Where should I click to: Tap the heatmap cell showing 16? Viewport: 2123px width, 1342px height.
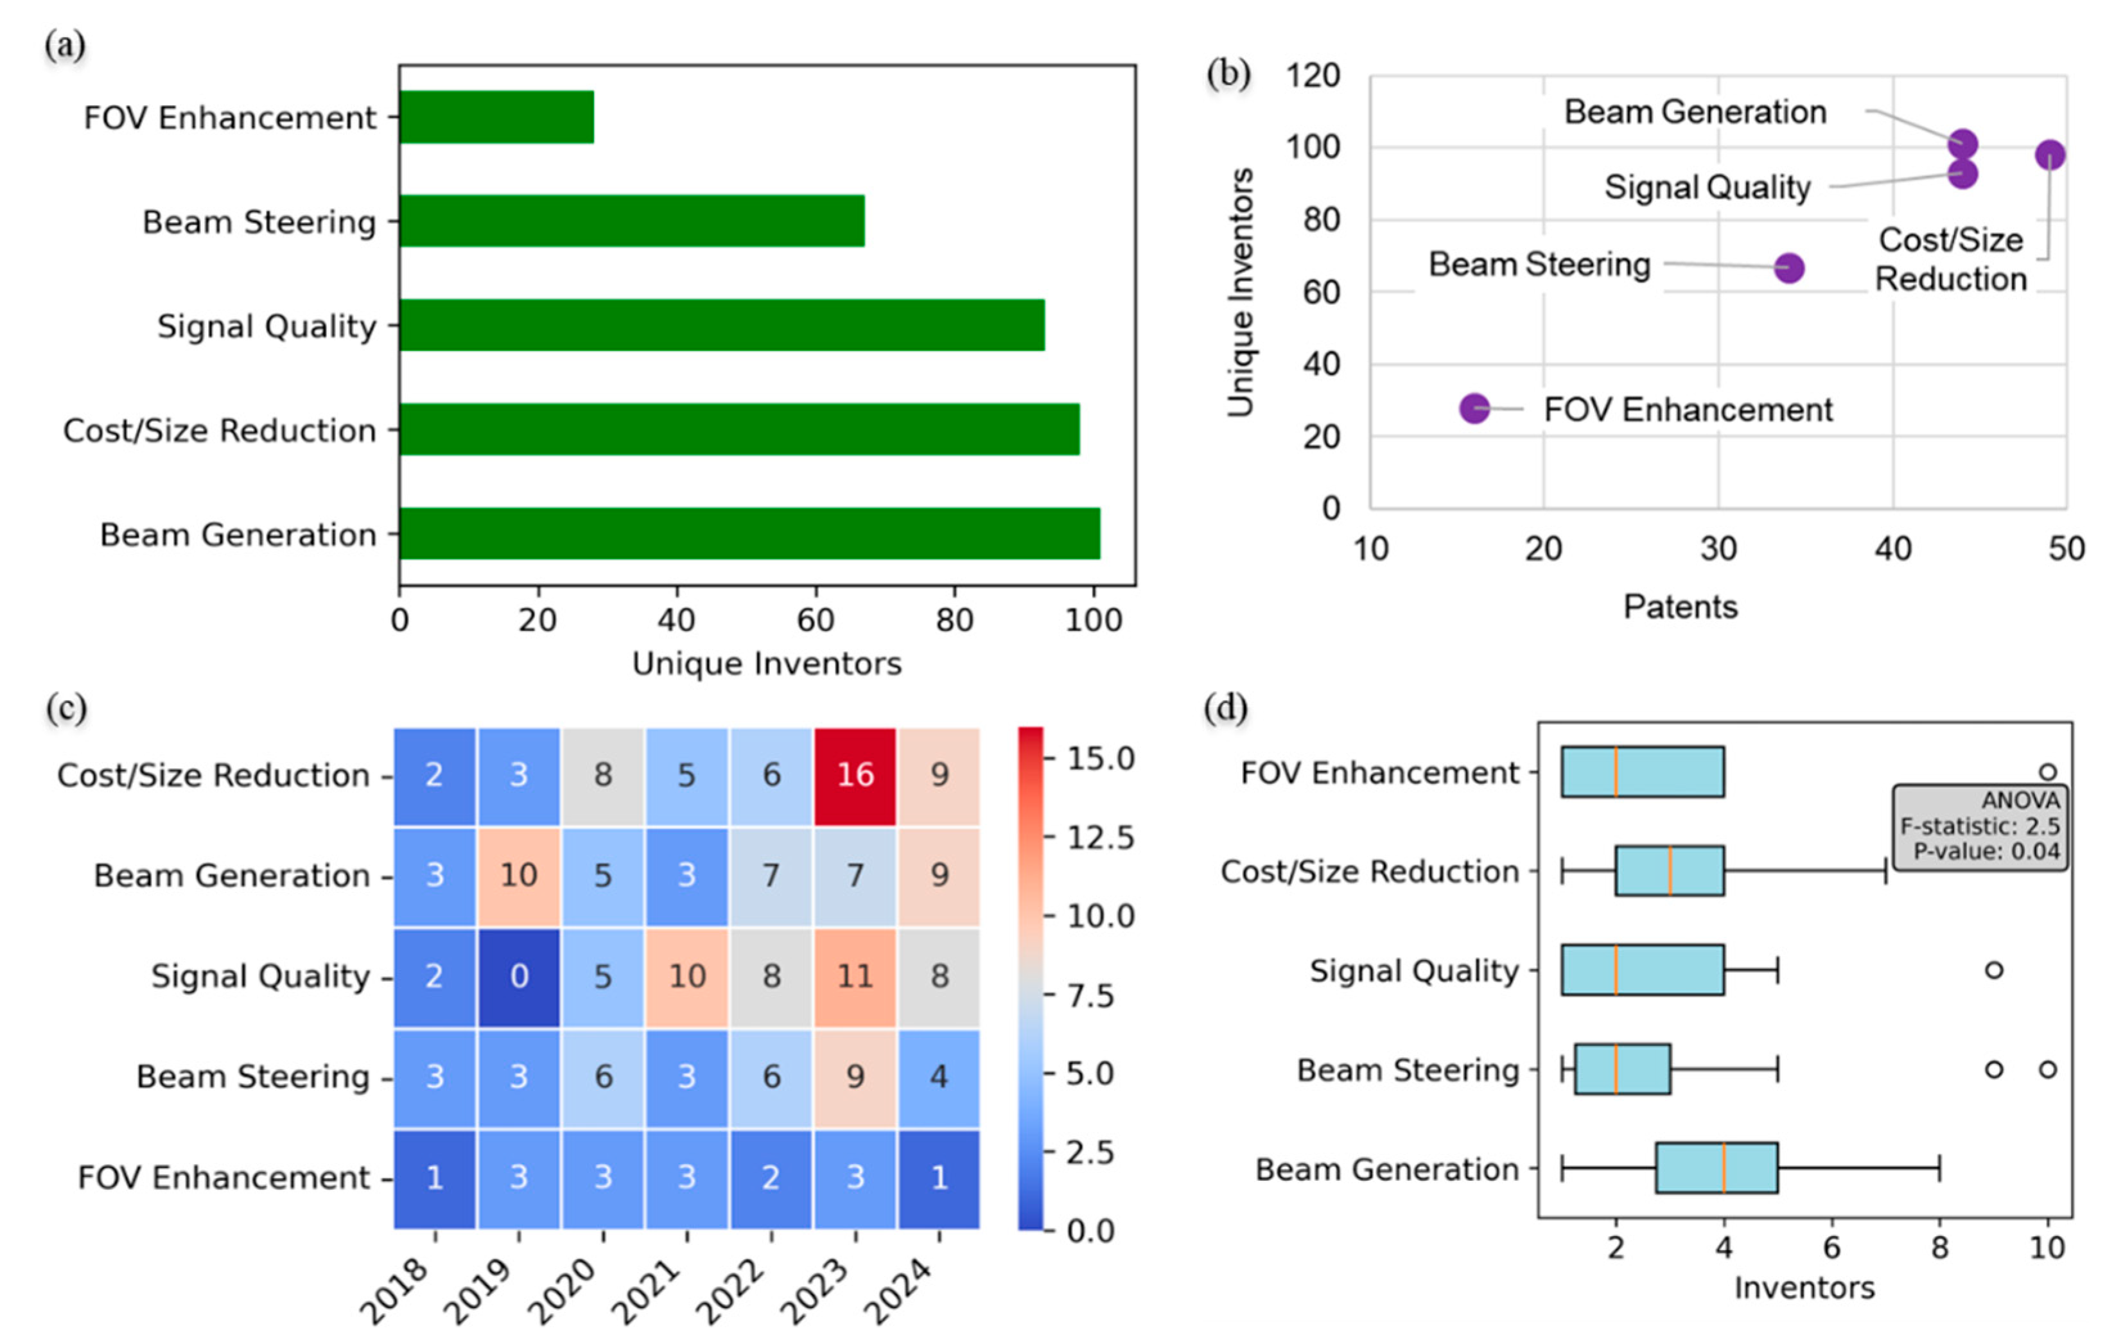click(854, 775)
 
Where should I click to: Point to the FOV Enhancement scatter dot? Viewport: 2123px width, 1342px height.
click(1474, 408)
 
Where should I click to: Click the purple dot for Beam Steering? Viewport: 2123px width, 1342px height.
click(1788, 267)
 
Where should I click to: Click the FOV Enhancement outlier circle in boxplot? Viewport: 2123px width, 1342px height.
click(2047, 772)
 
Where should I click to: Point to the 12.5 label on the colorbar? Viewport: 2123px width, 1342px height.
click(1099, 837)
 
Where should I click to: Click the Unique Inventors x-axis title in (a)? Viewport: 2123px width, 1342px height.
click(766, 663)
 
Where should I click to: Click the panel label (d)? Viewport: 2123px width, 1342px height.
click(1225, 708)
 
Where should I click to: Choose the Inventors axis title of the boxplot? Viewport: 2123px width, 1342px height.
click(1804, 1287)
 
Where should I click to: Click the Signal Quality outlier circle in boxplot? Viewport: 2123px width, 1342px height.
click(1993, 970)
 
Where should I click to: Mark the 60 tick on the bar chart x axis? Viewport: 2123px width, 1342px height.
click(815, 620)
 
